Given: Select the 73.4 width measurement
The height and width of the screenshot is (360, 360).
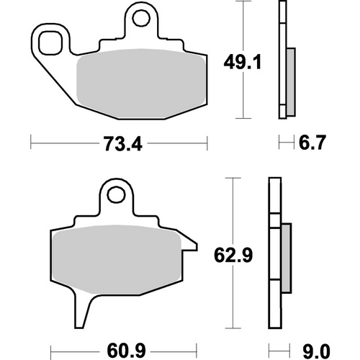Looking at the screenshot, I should (120, 144).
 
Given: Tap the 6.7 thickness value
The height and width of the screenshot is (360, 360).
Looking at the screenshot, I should (310, 144).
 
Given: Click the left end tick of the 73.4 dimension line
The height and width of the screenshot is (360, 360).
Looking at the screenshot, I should (32, 144).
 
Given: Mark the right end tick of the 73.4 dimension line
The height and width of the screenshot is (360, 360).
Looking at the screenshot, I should (207, 144).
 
